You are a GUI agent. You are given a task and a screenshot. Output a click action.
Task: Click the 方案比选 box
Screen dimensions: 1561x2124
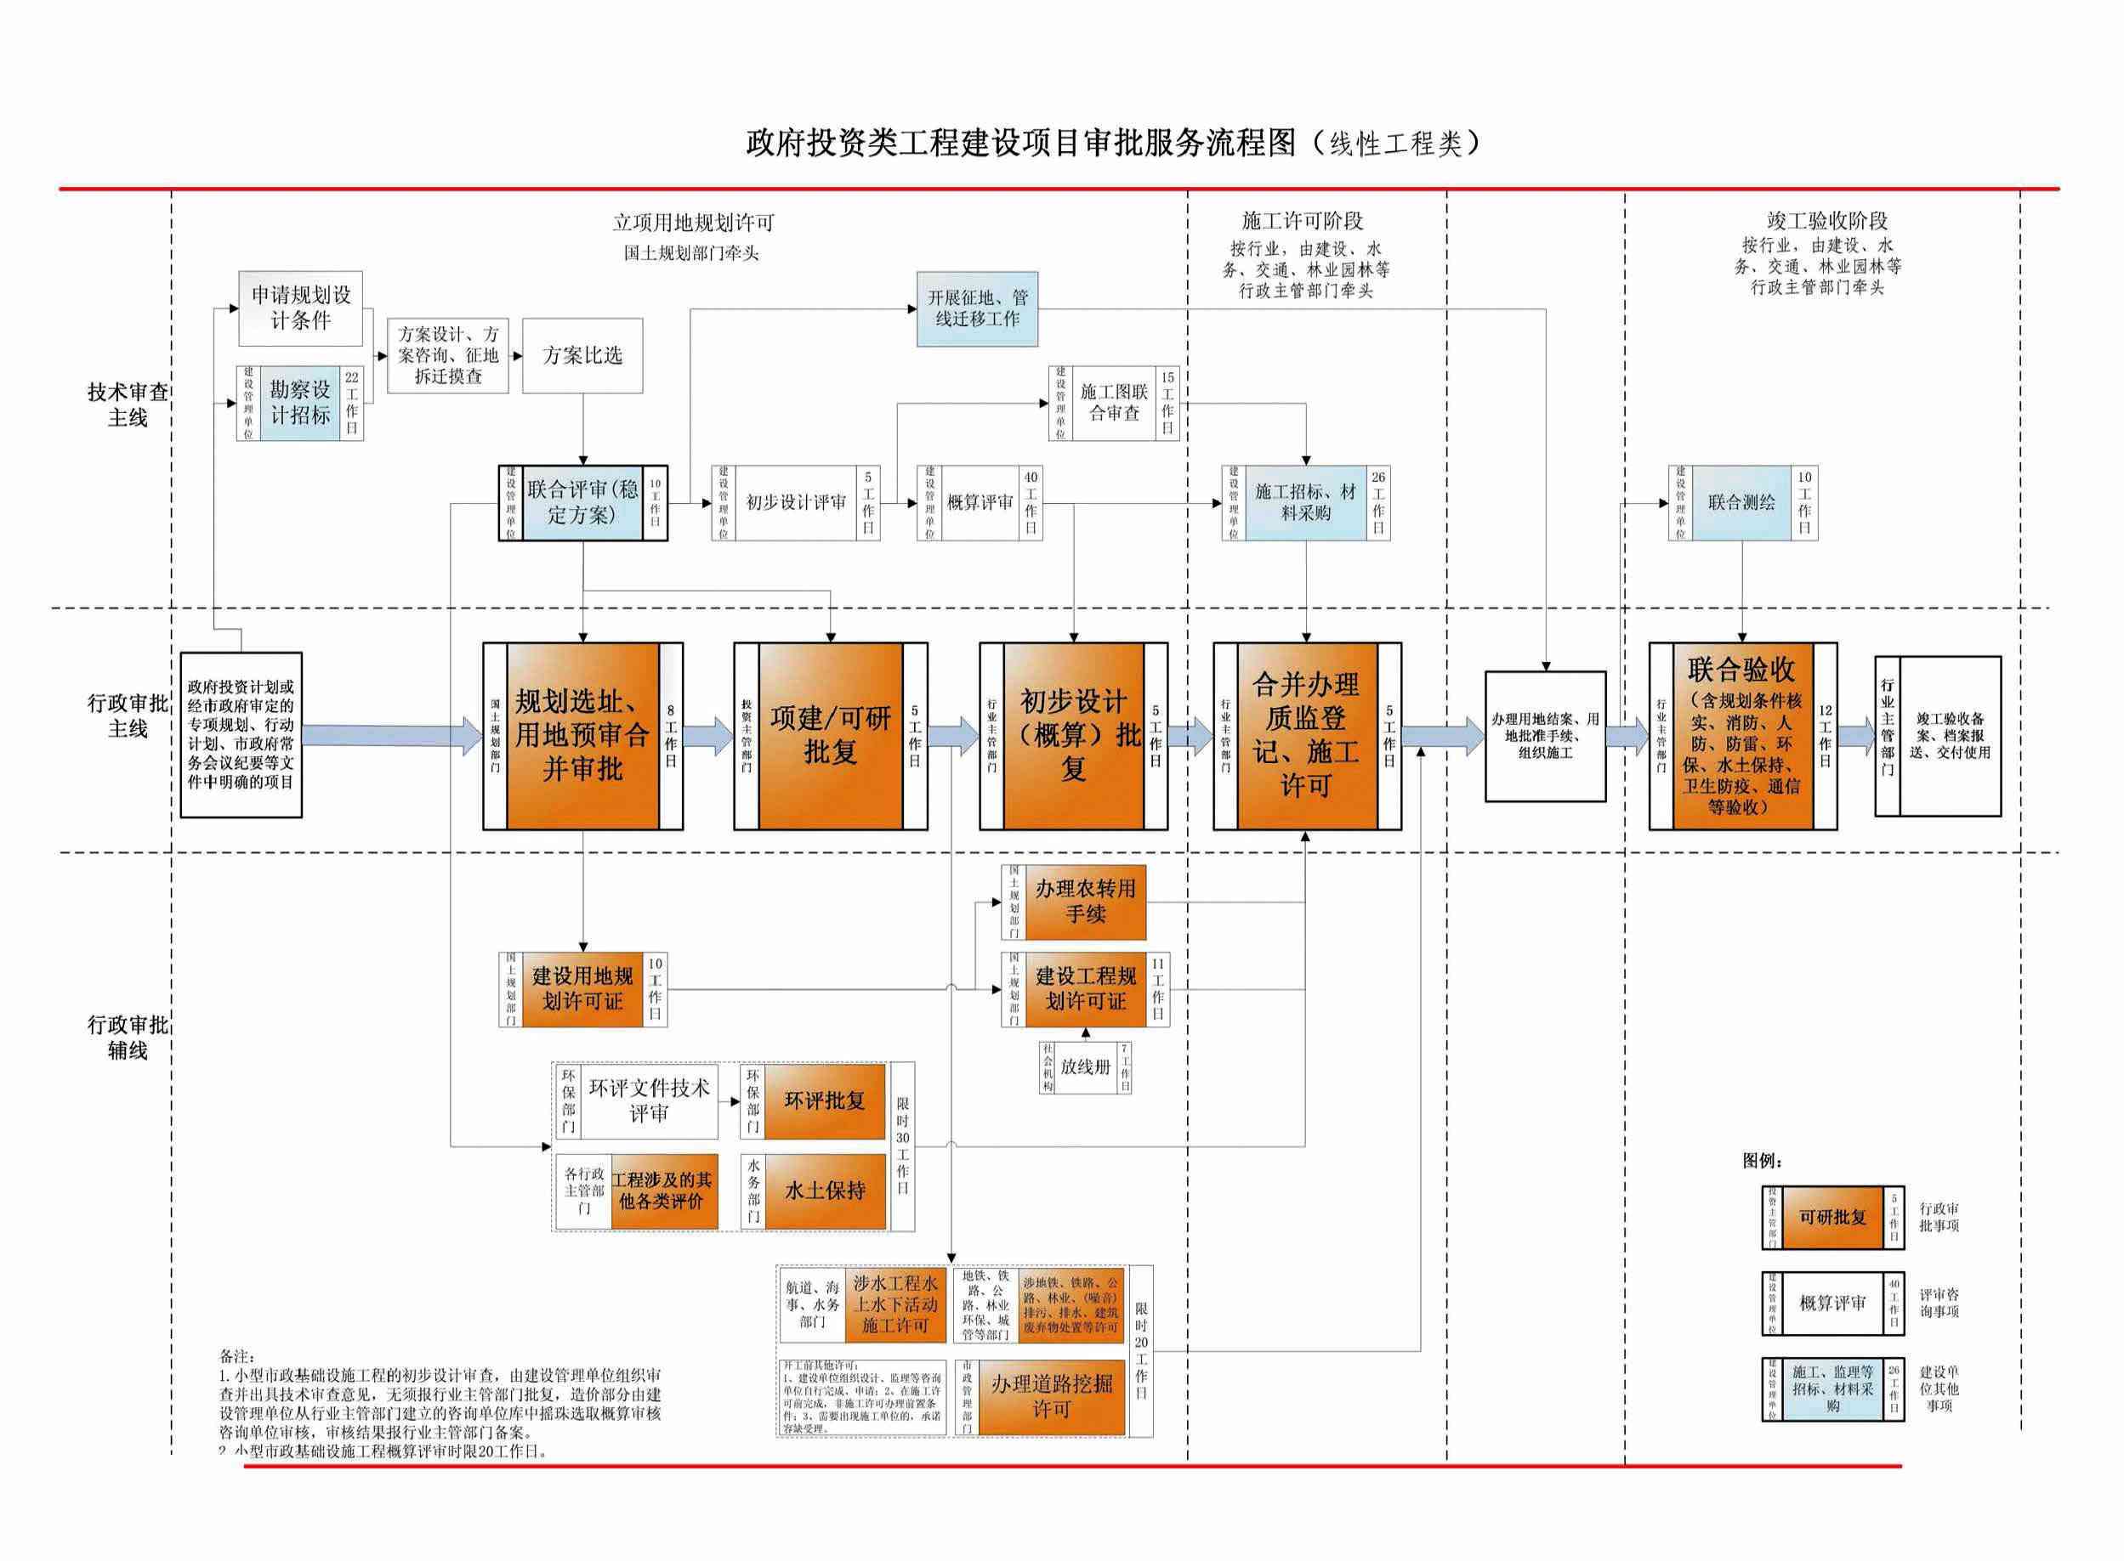[582, 355]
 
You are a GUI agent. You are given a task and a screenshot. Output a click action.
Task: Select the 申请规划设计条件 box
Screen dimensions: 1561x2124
[301, 308]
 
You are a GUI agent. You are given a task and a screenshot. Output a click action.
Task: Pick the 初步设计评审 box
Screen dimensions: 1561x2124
[796, 503]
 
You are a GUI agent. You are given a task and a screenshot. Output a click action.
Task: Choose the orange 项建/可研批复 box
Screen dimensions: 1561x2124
[830, 736]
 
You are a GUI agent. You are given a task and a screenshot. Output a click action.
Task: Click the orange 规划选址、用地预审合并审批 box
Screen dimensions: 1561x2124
[582, 736]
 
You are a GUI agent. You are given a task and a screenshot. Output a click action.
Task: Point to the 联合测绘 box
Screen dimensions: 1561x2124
[1741, 503]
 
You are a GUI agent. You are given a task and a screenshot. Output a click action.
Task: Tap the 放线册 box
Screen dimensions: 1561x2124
[1084, 1066]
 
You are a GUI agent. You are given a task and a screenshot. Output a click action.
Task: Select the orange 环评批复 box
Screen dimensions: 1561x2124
[824, 1100]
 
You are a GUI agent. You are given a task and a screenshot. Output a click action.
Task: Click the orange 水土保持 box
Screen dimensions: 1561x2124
[824, 1191]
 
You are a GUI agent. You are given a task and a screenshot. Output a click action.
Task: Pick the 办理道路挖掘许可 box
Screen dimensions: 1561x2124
[1050, 1397]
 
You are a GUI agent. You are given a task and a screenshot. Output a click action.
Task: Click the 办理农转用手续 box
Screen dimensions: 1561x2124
[1084, 902]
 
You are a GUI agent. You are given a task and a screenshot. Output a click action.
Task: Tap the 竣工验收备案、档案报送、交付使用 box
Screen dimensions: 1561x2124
[1949, 736]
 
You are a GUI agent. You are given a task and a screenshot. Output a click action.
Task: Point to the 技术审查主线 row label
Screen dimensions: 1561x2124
[128, 404]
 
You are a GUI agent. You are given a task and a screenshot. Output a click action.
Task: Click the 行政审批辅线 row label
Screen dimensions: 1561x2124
[128, 1037]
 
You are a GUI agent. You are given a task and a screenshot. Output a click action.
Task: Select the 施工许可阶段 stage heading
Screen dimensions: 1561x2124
[1303, 221]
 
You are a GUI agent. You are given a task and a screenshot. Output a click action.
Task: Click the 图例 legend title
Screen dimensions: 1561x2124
[1762, 1162]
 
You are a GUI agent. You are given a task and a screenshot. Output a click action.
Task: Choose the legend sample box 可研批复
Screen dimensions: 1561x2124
[1832, 1217]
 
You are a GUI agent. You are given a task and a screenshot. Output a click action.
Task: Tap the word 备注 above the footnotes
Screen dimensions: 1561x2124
[237, 1356]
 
